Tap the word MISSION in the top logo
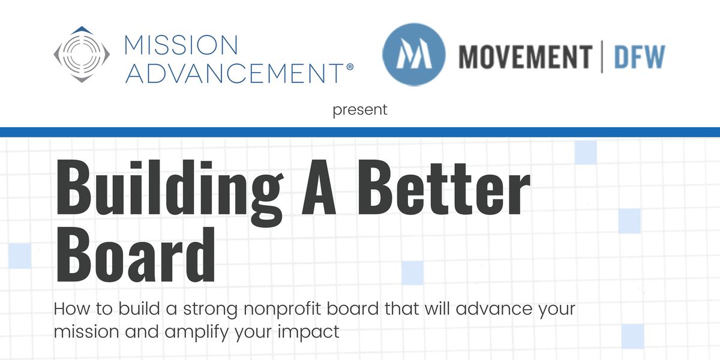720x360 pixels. tap(180, 46)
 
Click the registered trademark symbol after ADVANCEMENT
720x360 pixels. tap(350, 68)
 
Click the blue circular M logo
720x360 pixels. tap(413, 54)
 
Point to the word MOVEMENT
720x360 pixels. tap(525, 56)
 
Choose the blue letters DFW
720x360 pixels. tap(639, 56)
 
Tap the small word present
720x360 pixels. tap(360, 110)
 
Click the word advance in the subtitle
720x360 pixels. tap(485, 310)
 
